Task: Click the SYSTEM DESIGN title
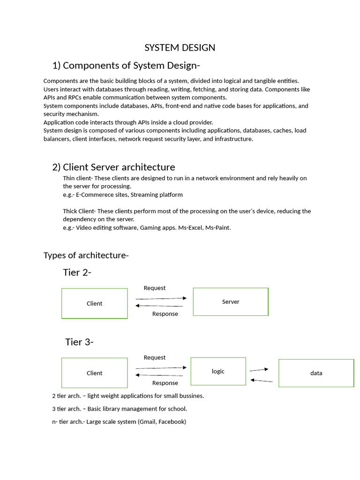click(x=180, y=48)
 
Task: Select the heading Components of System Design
click(x=127, y=65)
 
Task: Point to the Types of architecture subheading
click(x=86, y=255)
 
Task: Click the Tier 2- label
click(x=77, y=272)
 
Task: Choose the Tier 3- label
click(x=79, y=342)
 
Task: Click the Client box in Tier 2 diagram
click(x=94, y=304)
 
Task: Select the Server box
click(x=231, y=302)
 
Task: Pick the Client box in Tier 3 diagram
click(x=94, y=373)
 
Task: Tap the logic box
click(x=218, y=371)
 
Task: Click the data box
click(x=316, y=373)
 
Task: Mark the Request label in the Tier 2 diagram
click(x=154, y=288)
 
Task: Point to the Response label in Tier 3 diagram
click(x=165, y=383)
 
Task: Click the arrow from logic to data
click(x=259, y=370)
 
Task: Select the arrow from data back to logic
click(x=262, y=381)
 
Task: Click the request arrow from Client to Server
click(x=161, y=298)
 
